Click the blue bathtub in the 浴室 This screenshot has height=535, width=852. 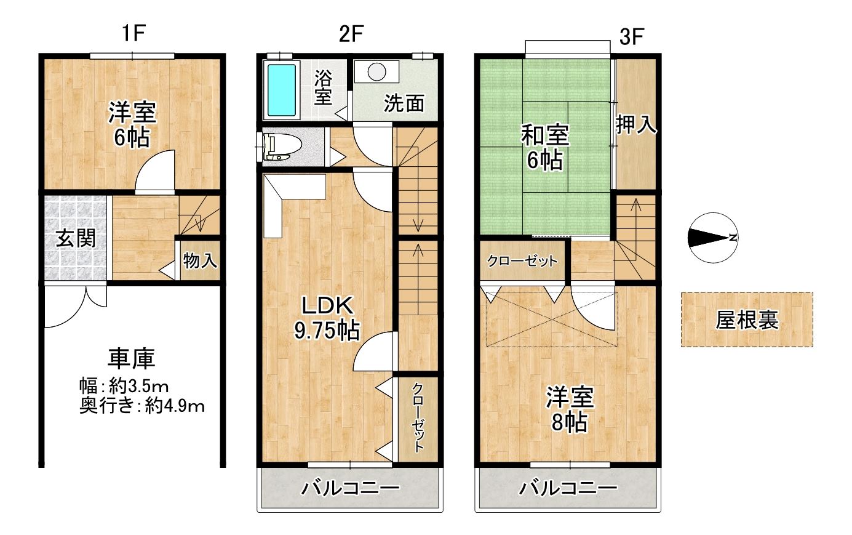pos(282,91)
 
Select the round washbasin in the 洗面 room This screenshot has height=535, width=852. pos(376,71)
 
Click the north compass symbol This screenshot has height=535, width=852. pos(713,238)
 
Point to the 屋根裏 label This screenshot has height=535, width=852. pos(747,320)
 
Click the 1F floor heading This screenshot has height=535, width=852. pos(134,33)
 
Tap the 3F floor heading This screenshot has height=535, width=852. pos(631,37)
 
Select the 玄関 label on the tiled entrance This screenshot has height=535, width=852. pos(76,239)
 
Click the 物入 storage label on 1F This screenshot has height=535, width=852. pos(200,261)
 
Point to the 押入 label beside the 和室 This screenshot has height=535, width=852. pos(636,124)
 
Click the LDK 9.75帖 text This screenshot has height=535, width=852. pos(327,318)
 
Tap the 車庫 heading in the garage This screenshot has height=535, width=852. pos(131,358)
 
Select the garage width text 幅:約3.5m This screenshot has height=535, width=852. pos(124,387)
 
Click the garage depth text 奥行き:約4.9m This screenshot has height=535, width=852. pos(142,406)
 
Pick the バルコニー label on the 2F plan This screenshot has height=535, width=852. pos(350,488)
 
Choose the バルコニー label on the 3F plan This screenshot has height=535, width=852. pos(568,488)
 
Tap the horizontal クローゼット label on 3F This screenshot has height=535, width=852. pos(522,261)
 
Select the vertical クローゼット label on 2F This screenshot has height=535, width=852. pos(418,417)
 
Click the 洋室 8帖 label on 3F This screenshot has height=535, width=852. pos(570,409)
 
